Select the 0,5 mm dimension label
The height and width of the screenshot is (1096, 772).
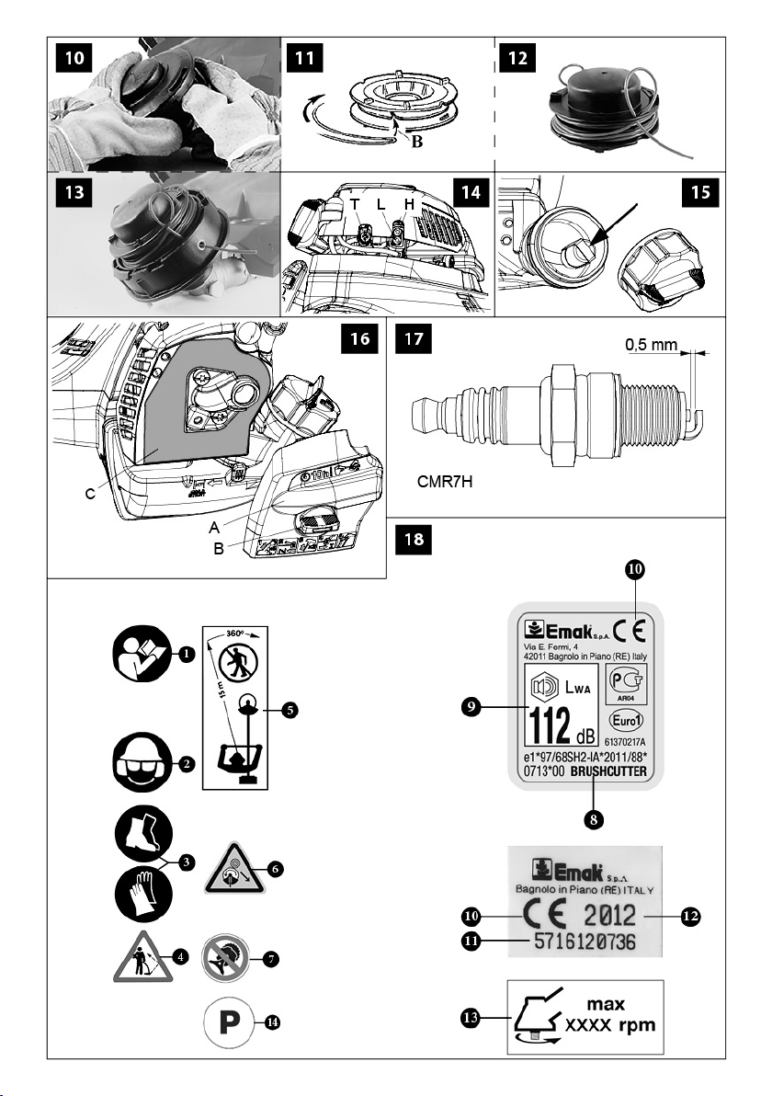[x=652, y=346]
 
